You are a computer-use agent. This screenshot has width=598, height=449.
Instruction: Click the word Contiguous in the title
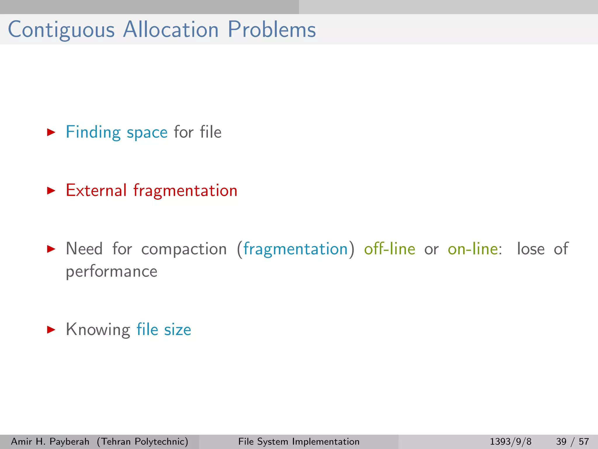click(x=61, y=30)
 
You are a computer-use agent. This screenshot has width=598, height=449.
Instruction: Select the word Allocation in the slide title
click(x=171, y=30)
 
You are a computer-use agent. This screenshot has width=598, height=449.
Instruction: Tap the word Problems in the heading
click(x=272, y=30)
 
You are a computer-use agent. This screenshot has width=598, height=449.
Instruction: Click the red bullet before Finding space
click(x=51, y=132)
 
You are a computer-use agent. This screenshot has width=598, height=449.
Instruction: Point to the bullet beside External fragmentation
click(x=51, y=191)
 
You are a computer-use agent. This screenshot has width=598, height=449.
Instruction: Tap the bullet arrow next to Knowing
click(x=51, y=330)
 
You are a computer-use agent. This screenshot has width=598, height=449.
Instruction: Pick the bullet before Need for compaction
click(x=51, y=249)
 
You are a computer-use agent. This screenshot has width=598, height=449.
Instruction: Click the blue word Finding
click(x=93, y=132)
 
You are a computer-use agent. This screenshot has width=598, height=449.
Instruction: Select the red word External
click(x=96, y=191)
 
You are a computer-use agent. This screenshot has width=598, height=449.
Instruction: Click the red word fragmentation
click(x=185, y=191)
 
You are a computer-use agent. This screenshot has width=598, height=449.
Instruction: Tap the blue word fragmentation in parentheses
click(x=295, y=249)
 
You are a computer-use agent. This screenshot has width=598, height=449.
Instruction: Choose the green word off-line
click(x=390, y=249)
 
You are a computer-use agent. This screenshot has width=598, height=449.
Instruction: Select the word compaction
click(x=184, y=249)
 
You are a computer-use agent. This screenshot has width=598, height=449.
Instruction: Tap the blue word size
click(x=178, y=330)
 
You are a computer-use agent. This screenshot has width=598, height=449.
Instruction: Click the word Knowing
click(x=98, y=330)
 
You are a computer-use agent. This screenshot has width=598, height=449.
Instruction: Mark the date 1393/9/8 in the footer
click(x=510, y=441)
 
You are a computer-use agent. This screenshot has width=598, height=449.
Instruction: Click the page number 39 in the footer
click(x=561, y=441)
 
